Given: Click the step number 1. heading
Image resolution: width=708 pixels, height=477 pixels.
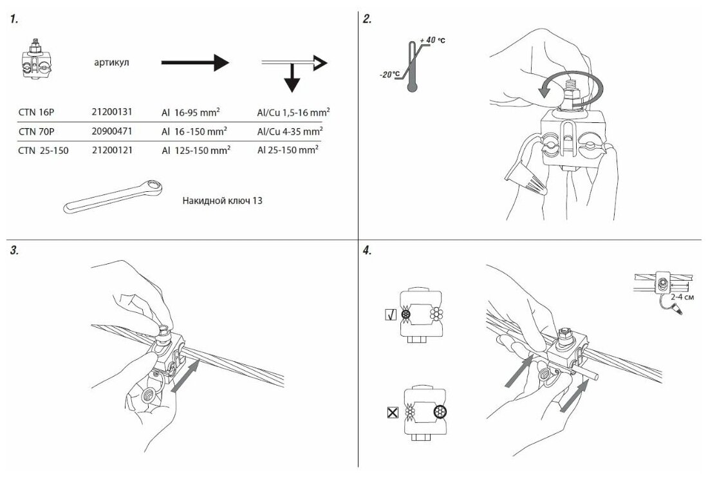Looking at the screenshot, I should [14, 19].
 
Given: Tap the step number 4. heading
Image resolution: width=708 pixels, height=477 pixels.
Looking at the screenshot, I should [368, 251].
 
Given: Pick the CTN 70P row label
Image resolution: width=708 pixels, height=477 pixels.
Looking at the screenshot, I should [37, 131].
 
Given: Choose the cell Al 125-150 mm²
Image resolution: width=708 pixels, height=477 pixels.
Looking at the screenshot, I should [196, 150].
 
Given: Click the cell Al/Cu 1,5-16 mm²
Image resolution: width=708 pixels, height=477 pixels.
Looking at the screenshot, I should [293, 112].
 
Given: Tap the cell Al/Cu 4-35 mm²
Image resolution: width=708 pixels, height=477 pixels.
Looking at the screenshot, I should [290, 131].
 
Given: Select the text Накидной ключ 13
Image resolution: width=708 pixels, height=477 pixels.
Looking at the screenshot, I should [222, 200].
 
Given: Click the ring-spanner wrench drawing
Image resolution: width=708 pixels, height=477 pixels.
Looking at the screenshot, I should [113, 197].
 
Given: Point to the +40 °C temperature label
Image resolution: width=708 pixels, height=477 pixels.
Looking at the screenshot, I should [433, 41].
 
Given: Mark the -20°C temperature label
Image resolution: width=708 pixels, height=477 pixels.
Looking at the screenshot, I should [389, 74].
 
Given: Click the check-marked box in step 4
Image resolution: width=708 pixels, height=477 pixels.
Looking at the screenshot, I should [389, 315].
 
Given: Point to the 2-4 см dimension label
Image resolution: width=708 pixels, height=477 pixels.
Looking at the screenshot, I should [682, 299].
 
